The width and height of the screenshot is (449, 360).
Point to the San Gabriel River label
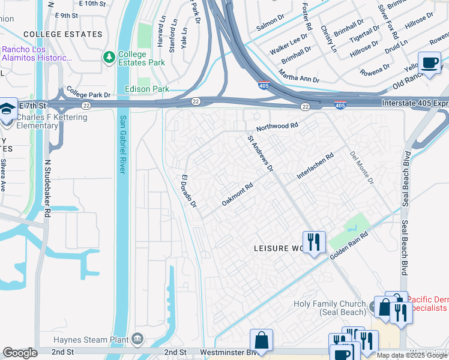123,144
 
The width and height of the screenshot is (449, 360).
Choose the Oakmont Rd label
238,194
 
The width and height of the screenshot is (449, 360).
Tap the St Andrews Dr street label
261,153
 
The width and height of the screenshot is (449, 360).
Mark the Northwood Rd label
277,127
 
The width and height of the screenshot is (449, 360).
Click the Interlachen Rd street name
315,167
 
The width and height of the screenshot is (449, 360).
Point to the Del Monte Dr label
361,167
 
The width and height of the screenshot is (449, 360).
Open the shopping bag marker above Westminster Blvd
261,340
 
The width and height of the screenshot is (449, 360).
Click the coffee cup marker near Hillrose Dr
429,63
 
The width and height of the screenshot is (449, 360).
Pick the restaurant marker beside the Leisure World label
314,242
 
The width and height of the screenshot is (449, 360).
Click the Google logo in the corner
20,353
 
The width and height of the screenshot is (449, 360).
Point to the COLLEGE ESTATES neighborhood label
63,34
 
